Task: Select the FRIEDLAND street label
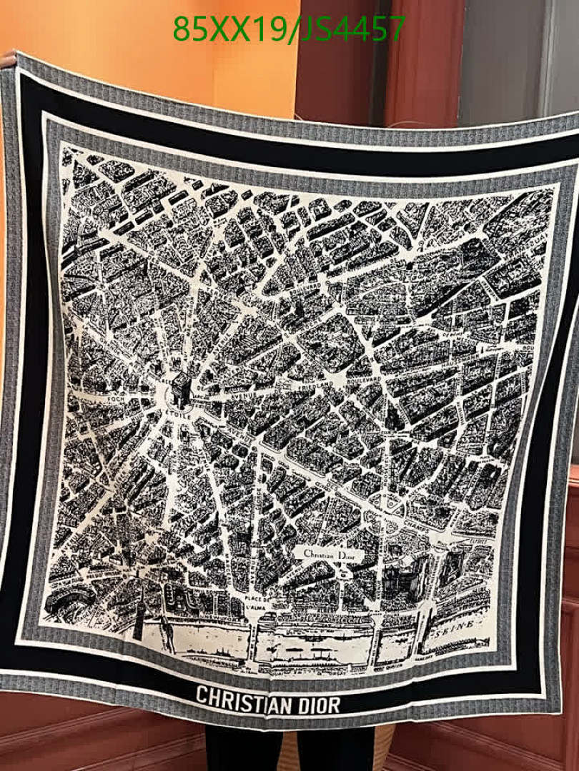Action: [x=314, y=386]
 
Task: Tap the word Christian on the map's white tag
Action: [x=319, y=555]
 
